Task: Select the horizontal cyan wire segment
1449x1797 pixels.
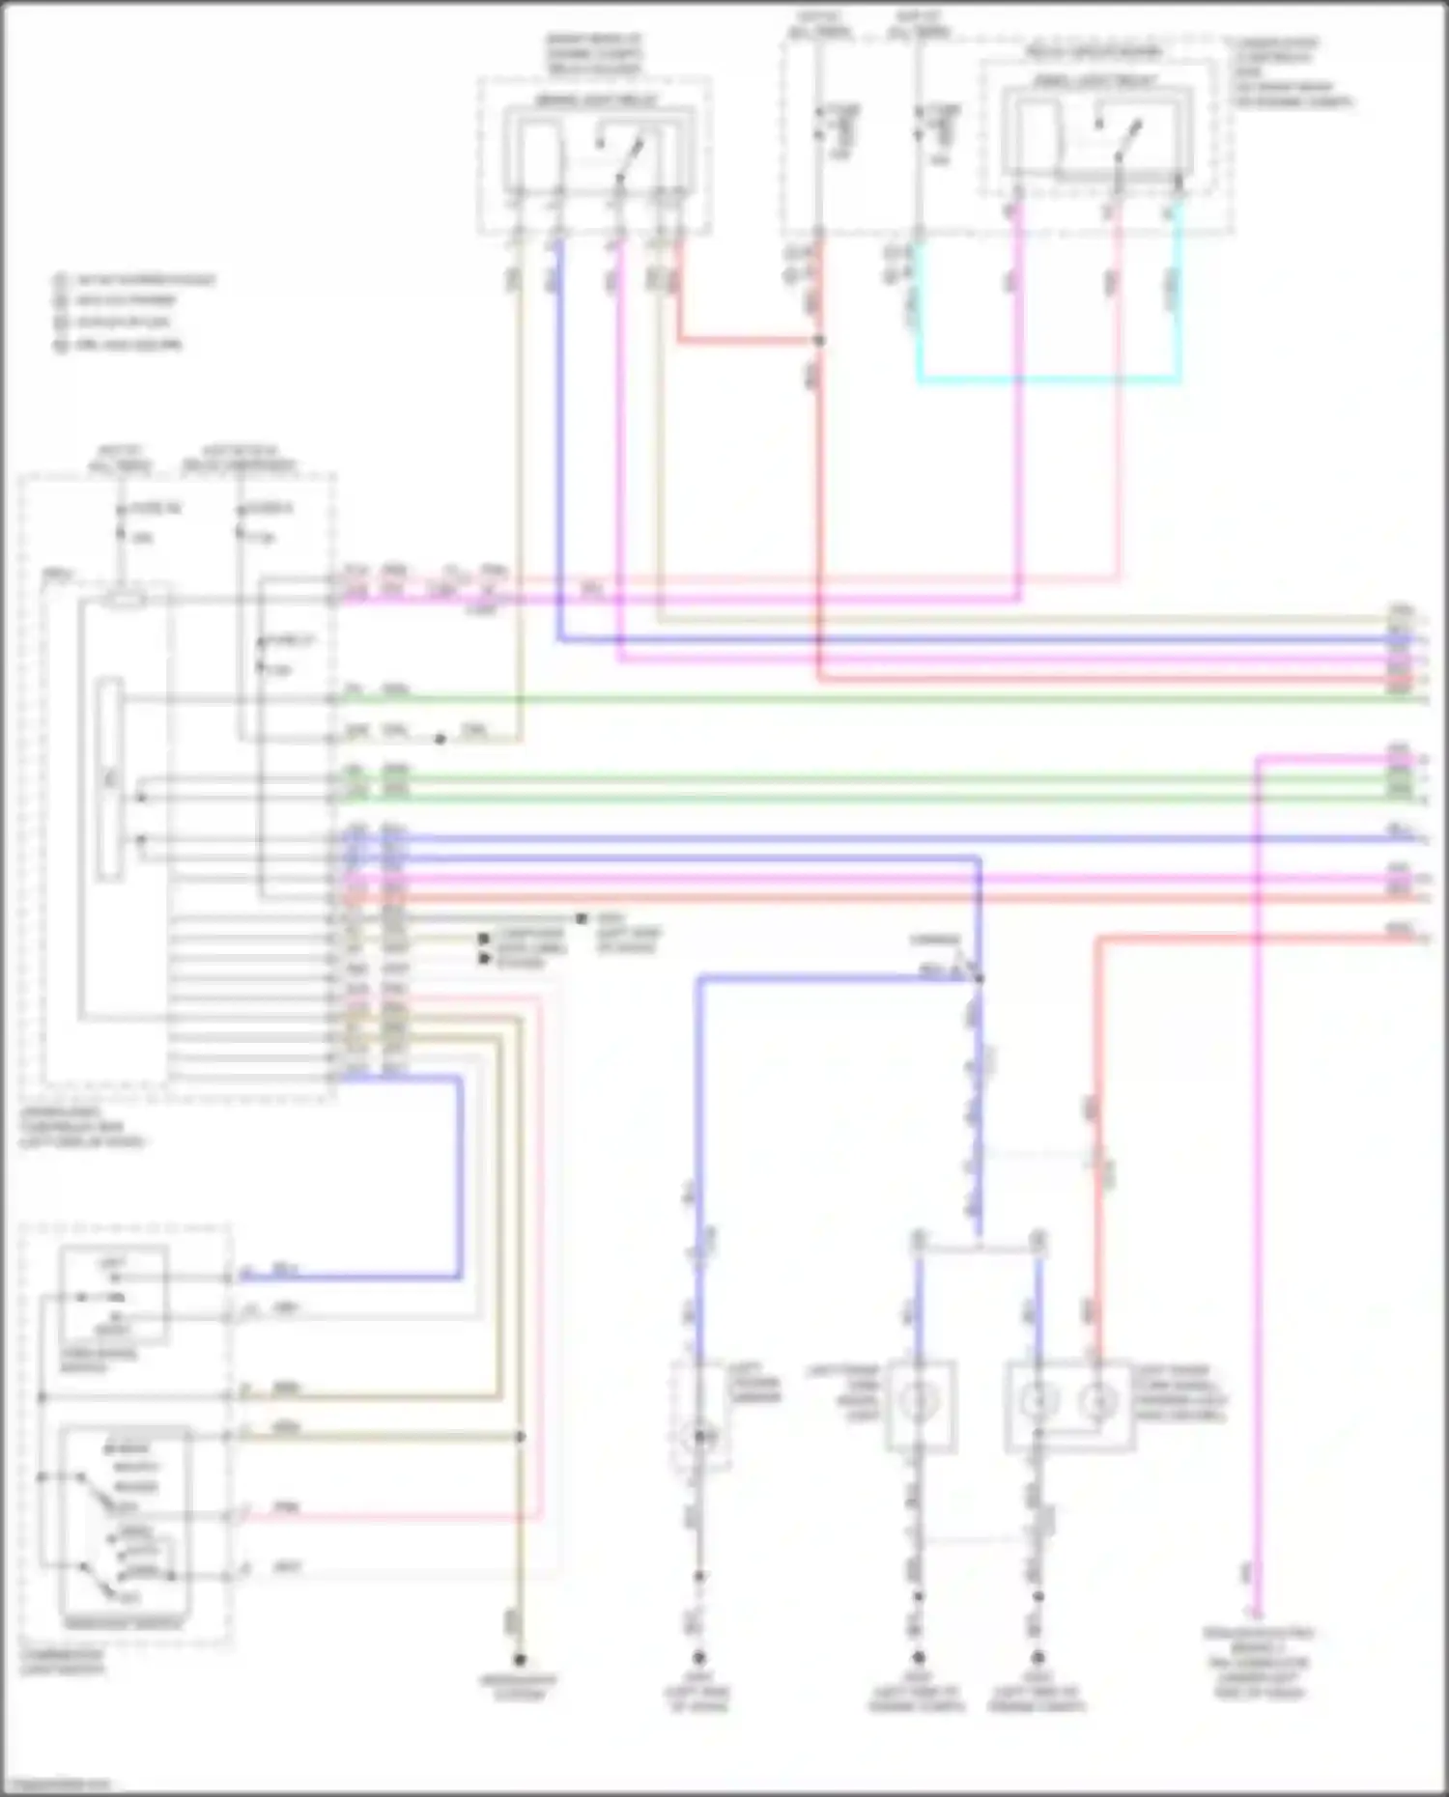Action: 1048,381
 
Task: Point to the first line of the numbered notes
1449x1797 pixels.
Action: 135,281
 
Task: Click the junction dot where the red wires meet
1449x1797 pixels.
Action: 819,341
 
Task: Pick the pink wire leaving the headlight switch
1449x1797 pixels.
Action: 386,1517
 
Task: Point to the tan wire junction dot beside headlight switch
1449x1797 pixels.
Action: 520,1437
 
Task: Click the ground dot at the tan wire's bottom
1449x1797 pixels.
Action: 520,1660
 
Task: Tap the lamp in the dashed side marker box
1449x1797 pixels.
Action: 698,1438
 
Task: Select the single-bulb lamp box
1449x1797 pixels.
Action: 921,1406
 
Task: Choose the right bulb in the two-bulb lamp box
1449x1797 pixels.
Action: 1096,1401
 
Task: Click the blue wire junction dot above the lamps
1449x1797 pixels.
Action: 979,979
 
